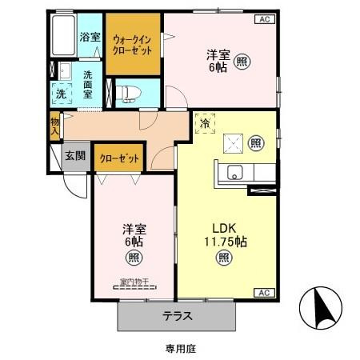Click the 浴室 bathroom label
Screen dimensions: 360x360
pyautogui.click(x=90, y=36)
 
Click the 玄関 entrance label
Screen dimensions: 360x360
pyautogui.click(x=76, y=156)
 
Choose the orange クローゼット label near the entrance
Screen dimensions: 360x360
pyautogui.click(x=119, y=158)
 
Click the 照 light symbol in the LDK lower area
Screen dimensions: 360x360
pyautogui.click(x=224, y=258)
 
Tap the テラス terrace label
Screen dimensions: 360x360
pyautogui.click(x=178, y=315)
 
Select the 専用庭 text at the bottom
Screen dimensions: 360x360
pyautogui.click(x=181, y=349)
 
